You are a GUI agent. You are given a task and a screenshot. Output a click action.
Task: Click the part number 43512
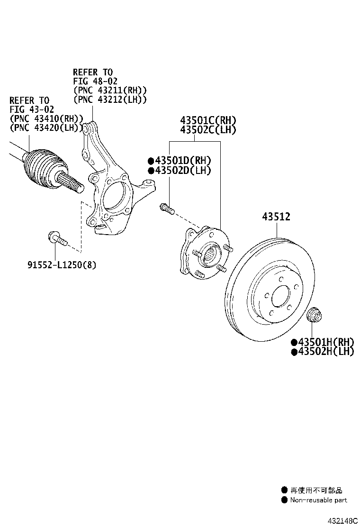[x=276, y=217]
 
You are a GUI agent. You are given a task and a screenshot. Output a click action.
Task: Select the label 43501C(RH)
[x=207, y=120]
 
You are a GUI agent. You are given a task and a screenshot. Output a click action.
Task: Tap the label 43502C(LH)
[x=207, y=129]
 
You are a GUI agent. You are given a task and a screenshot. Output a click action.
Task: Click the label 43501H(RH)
[x=325, y=342]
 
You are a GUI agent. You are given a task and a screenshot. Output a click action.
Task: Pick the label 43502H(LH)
[x=325, y=352]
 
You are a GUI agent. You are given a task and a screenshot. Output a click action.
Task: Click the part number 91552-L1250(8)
[x=61, y=265]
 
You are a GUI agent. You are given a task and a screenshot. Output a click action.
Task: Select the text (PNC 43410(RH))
[x=46, y=118]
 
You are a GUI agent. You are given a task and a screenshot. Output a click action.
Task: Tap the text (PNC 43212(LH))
[x=110, y=99]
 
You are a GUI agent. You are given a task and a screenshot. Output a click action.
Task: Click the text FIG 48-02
[x=95, y=81]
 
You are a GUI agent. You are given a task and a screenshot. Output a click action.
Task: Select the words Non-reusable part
[x=318, y=500]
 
